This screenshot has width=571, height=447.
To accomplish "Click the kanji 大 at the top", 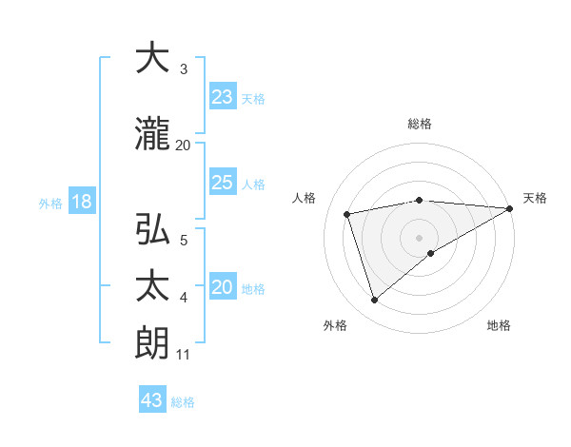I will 152,58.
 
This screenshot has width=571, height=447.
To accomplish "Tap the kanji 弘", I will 152,229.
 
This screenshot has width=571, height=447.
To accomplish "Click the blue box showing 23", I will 222,97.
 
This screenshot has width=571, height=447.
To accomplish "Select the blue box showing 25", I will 222,183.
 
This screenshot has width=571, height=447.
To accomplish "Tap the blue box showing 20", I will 222,288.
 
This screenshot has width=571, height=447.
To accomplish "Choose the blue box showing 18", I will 81,202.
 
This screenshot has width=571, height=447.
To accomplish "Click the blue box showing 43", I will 152,400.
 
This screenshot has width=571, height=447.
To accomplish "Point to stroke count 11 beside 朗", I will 184,356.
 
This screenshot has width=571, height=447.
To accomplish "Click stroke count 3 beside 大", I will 184,69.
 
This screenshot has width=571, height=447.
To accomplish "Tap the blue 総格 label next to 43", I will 184,402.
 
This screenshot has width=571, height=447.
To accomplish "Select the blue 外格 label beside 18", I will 49,203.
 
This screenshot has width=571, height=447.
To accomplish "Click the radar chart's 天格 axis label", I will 535,198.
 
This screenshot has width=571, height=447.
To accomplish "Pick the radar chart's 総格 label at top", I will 420,124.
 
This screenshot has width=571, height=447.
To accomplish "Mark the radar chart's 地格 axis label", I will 499,325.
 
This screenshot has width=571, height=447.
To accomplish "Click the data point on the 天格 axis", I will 510,208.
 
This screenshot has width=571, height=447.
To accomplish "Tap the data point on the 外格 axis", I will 374,301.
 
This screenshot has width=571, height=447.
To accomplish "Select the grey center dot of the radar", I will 420,237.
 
